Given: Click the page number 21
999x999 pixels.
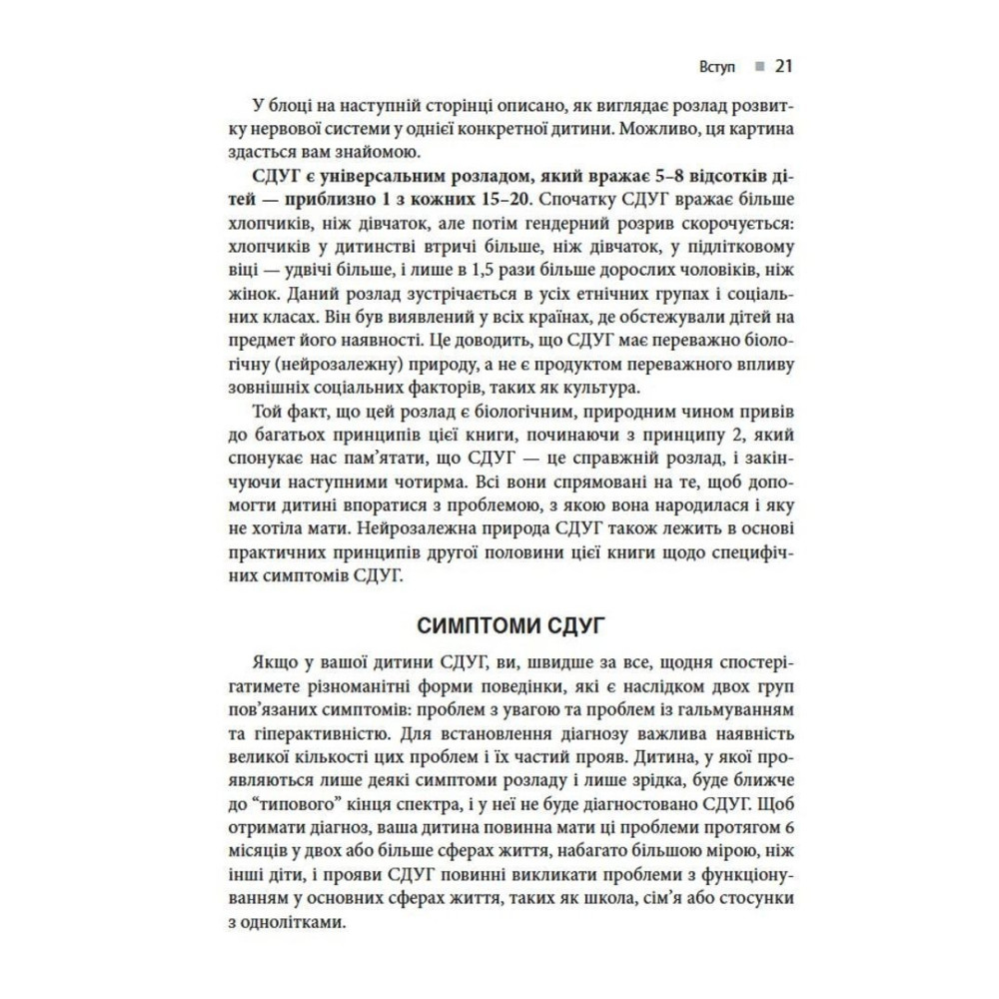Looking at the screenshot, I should (x=783, y=67).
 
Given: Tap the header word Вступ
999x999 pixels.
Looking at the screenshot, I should (x=717, y=68).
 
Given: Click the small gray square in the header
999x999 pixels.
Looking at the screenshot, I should (x=758, y=68).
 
